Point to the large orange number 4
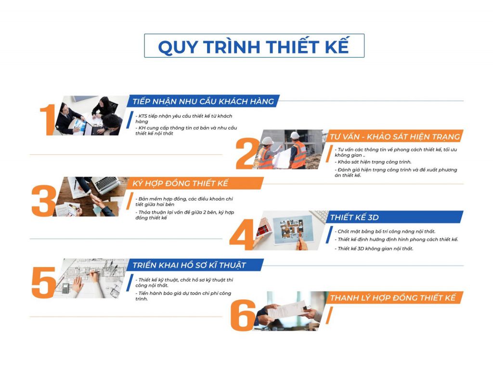click(x=242, y=234)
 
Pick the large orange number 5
click(x=44, y=282)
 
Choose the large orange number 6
click(x=243, y=315)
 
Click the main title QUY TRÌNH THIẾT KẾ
click(x=254, y=47)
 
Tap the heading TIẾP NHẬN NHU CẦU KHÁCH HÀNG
click(x=203, y=102)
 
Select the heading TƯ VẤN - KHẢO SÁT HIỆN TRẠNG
click(x=395, y=137)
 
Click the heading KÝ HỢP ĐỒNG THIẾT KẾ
click(x=180, y=183)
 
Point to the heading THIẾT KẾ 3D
click(x=354, y=217)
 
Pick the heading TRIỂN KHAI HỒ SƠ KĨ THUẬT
click(x=189, y=265)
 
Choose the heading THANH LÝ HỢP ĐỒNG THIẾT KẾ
click(x=393, y=298)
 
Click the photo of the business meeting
click(x=91, y=115)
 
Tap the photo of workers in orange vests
click(x=289, y=150)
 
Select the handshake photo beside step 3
click(x=91, y=197)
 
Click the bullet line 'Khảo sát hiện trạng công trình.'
click(x=374, y=162)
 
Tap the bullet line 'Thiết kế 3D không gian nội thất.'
click(x=375, y=249)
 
